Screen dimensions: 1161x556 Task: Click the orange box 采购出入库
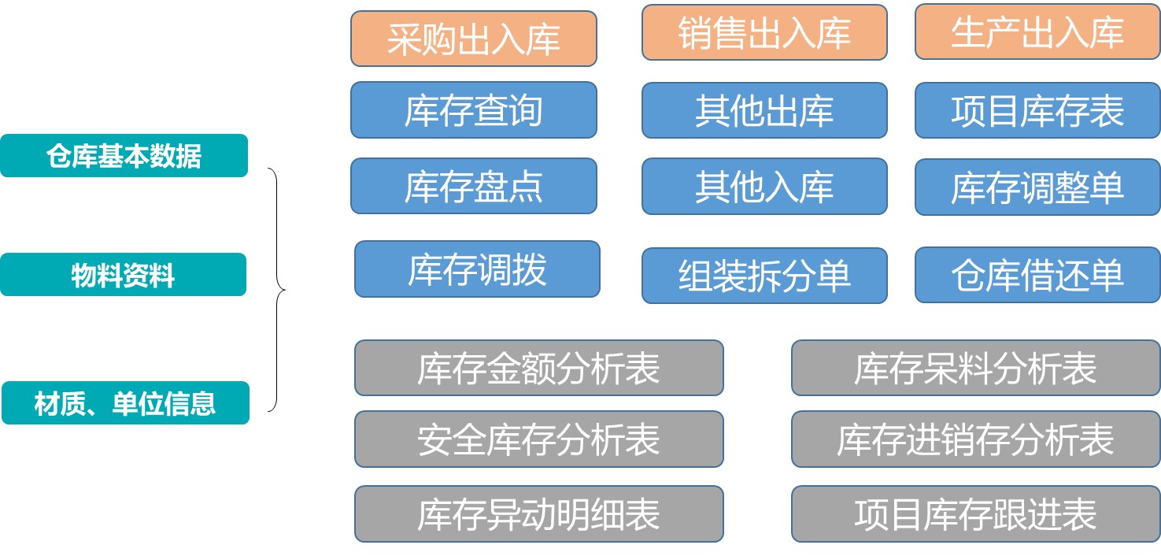[x=473, y=39]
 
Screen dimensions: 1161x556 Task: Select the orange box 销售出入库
[x=764, y=32]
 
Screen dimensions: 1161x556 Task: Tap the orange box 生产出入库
[x=1037, y=32]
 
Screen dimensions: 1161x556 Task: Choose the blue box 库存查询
[x=473, y=110]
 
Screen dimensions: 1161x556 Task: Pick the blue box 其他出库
[x=764, y=110]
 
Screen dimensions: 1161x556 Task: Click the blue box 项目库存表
[x=1037, y=110]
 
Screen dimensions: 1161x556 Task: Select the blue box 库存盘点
[x=473, y=186]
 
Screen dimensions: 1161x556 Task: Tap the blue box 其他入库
[x=764, y=186]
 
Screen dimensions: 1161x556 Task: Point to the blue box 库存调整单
[x=1037, y=187]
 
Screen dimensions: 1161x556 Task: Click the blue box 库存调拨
[x=477, y=269]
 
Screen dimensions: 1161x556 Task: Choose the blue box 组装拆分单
[x=764, y=276]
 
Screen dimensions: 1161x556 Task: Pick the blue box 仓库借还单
[x=1037, y=276]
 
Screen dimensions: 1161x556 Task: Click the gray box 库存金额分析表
[x=538, y=368]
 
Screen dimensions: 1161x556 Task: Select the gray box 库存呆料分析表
[x=975, y=368]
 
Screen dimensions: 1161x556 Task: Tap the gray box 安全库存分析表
[x=538, y=439]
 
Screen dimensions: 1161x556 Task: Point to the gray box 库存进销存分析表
[x=975, y=439]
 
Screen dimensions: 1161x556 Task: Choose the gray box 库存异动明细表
[x=538, y=514]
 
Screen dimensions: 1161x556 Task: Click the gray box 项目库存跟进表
[x=975, y=514]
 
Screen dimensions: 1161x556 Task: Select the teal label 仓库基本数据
[x=124, y=156]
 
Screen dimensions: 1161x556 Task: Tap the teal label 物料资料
[x=123, y=275]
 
